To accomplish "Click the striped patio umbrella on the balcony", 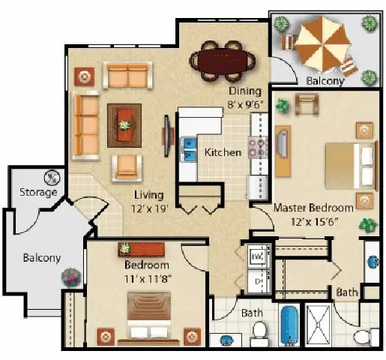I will (320, 46).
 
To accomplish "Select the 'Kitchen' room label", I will (223, 153).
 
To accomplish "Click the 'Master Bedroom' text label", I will (313, 207).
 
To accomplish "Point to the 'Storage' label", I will (38, 192).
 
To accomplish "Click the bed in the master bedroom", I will (349, 166).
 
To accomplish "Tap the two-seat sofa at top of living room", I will (127, 75).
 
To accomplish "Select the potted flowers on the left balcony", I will (71, 277).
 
